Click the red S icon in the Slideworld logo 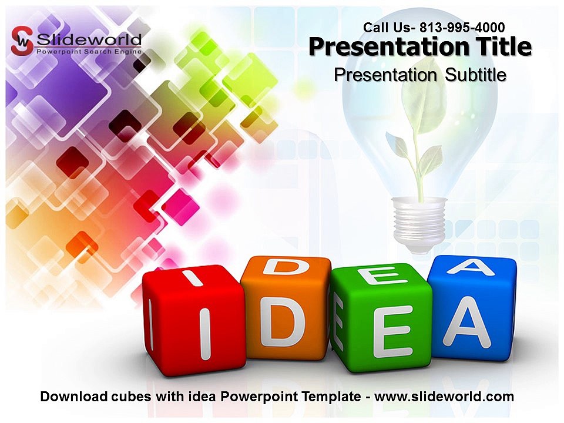click(x=22, y=41)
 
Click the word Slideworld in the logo click(x=89, y=39)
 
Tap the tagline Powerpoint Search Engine click(x=89, y=52)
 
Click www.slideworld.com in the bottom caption click(x=444, y=397)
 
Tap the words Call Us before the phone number click(x=385, y=28)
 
